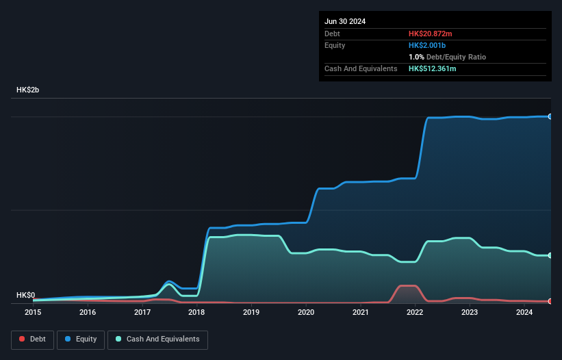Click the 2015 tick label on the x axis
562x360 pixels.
[33, 313]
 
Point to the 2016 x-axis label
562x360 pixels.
[88, 313]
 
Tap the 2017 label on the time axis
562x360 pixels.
[142, 313]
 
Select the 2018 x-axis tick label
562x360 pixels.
[197, 313]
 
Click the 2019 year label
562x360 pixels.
[251, 313]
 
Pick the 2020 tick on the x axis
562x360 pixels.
[306, 313]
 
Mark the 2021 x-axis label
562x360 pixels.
[361, 313]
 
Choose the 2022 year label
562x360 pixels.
[416, 313]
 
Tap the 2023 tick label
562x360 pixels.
[470, 313]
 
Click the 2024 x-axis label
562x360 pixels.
[524, 313]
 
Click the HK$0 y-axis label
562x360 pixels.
[25, 295]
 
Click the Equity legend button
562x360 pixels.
[81, 339]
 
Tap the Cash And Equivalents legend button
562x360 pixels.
[157, 339]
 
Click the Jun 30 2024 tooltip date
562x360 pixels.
[345, 21]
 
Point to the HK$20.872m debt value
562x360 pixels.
[430, 34]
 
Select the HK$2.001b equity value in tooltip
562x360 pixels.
[428, 45]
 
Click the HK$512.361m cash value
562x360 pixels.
[432, 68]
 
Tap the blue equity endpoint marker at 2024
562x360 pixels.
[550, 117]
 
